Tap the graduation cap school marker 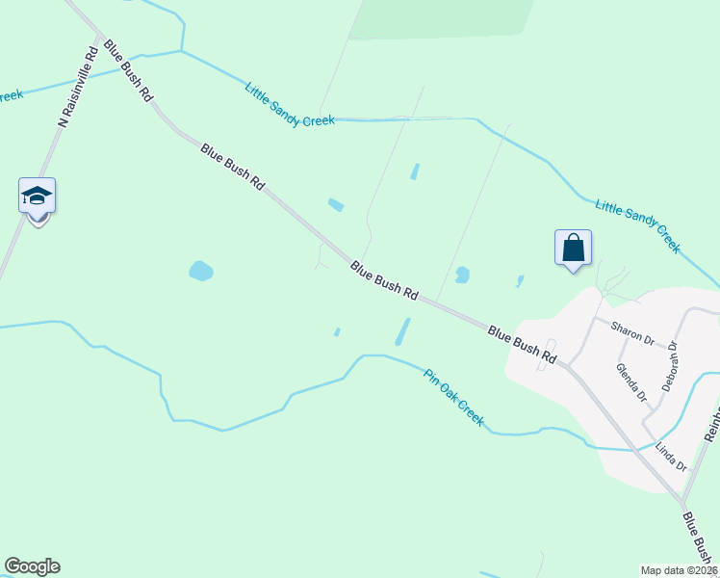[38, 197]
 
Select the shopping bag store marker [573, 248]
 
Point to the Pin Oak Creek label [453, 397]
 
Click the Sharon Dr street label [633, 333]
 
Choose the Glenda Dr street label [631, 381]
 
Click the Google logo [32, 566]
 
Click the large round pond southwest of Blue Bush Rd [200, 271]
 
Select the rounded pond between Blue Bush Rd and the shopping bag [462, 275]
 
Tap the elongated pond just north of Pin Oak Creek [402, 331]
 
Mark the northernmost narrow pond [415, 171]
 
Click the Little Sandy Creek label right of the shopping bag [637, 225]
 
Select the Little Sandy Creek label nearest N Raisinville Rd [289, 106]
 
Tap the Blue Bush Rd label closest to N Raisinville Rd [129, 70]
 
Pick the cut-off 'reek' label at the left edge [10, 94]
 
